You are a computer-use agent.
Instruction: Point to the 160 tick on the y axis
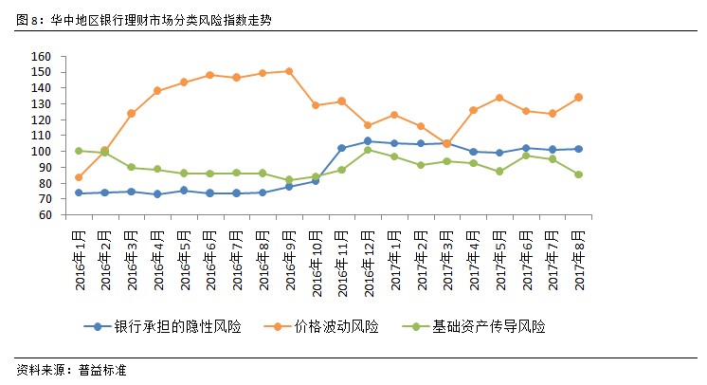(40, 57)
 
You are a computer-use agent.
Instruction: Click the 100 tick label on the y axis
(40, 152)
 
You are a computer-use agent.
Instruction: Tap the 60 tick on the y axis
(43, 215)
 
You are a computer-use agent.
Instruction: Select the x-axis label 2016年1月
(79, 246)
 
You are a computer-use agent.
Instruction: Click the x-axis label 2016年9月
(289, 246)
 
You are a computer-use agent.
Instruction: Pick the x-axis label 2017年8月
(578, 246)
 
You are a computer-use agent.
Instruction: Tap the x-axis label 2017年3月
(446, 246)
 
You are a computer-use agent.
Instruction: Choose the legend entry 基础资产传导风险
(488, 326)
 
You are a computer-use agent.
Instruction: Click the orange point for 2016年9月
(289, 71)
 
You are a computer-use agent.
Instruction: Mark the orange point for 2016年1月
(79, 177)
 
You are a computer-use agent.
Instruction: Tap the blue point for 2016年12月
(368, 141)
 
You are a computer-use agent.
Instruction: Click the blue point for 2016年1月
(79, 193)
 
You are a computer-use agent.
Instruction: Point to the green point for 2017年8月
(578, 174)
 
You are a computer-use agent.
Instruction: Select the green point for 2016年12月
(368, 150)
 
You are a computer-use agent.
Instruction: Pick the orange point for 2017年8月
(578, 97)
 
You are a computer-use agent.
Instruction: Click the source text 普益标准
(101, 370)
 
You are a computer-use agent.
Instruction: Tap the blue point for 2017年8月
(578, 149)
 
